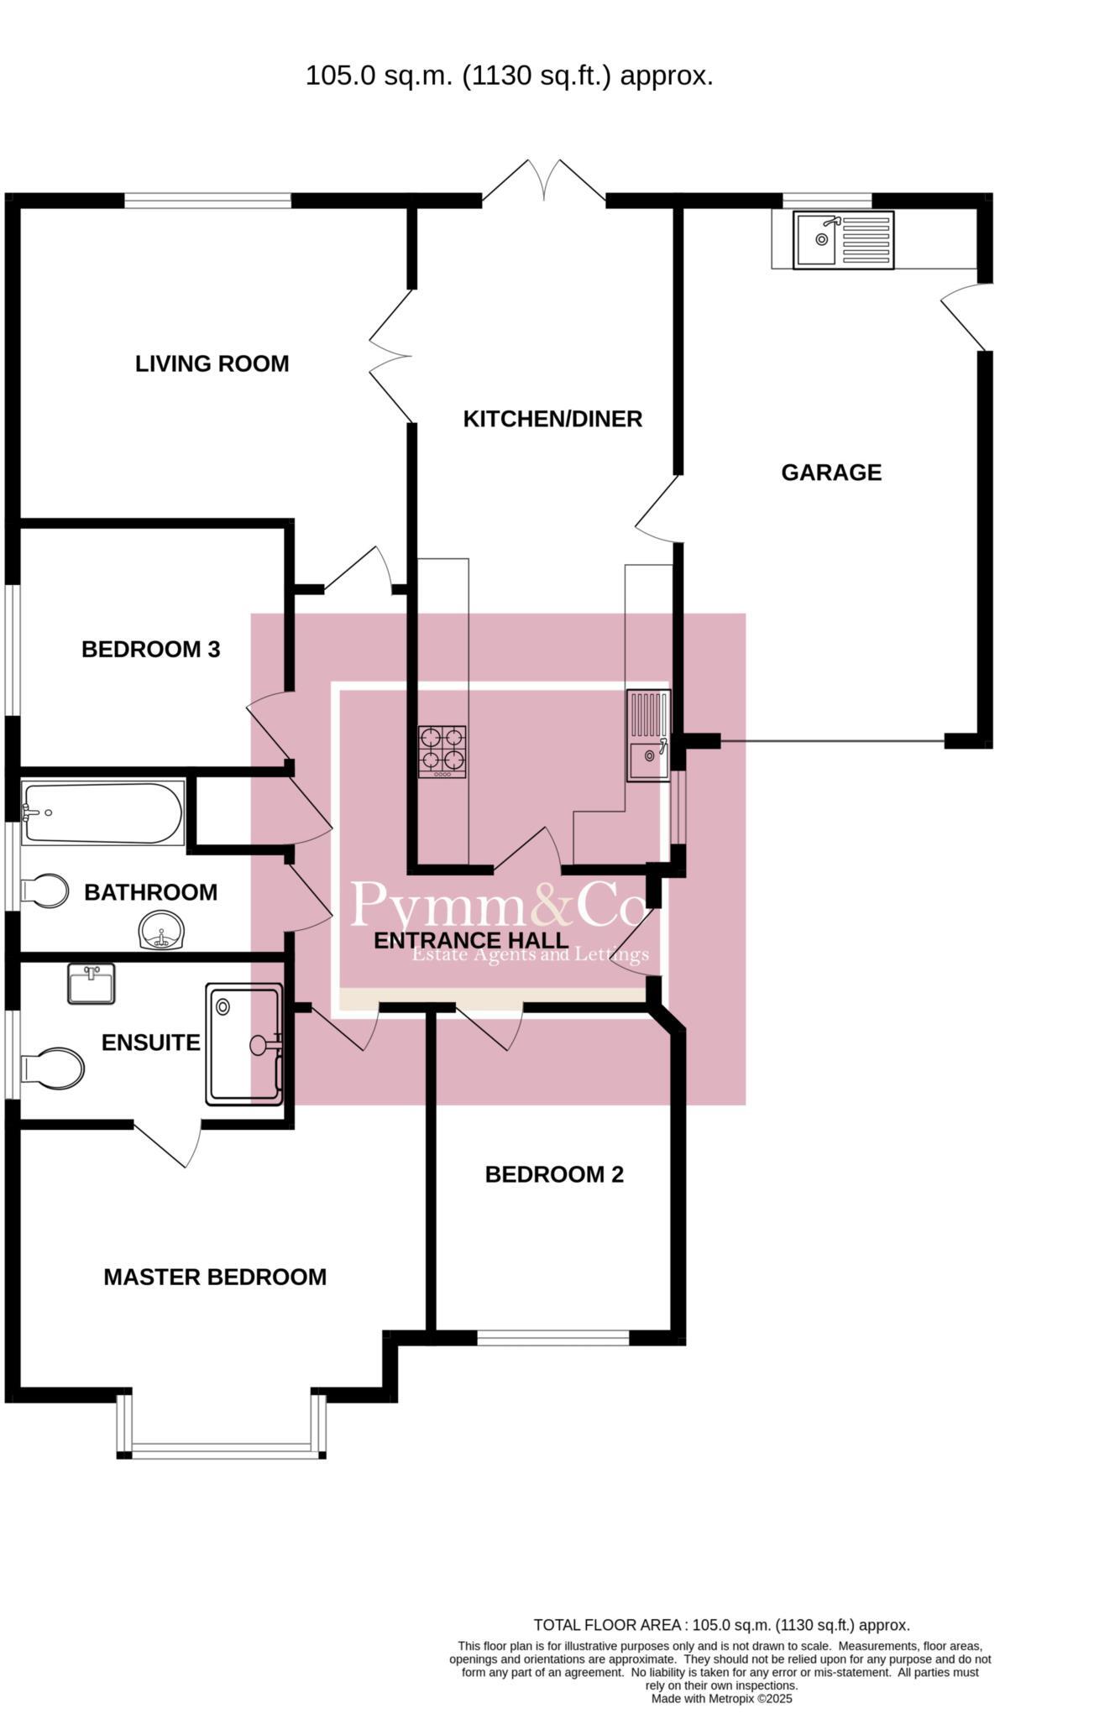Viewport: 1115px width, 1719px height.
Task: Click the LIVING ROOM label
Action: [x=212, y=364]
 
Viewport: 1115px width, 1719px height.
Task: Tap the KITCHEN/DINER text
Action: [x=552, y=419]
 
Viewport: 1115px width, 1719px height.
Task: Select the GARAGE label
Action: [x=831, y=473]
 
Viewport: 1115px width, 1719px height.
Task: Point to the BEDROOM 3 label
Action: [x=151, y=649]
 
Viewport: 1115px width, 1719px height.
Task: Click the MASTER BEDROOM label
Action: [x=215, y=1277]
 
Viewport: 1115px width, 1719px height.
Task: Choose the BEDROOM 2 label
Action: [x=554, y=1174]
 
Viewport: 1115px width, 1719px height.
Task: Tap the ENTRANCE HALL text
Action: [x=471, y=940]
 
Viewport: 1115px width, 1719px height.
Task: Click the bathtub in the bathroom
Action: [x=102, y=812]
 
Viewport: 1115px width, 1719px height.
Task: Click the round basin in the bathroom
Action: [x=160, y=932]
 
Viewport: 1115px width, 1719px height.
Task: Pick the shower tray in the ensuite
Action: [x=243, y=1044]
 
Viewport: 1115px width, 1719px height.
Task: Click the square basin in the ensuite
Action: [x=91, y=984]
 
